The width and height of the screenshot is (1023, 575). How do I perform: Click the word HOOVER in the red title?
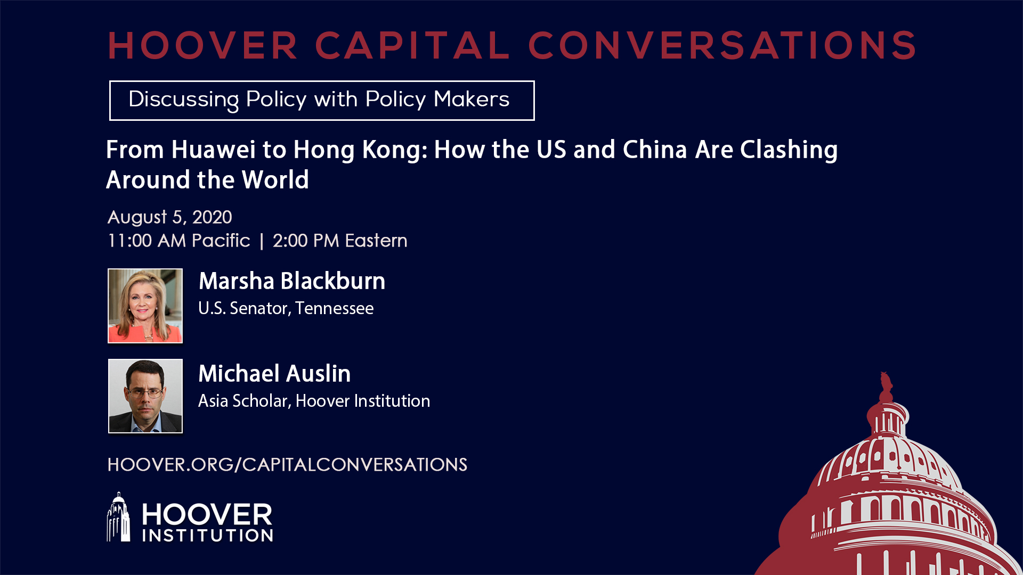[x=203, y=45]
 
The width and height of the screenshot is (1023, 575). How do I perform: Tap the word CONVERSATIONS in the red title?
[x=722, y=45]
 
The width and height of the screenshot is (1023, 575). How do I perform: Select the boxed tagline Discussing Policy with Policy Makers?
[x=322, y=101]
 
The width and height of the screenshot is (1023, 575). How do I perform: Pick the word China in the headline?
[x=655, y=150]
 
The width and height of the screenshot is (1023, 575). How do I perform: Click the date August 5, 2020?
[x=170, y=217]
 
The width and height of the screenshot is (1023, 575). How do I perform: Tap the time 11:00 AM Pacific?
[x=179, y=241]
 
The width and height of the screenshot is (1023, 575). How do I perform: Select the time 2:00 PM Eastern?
[x=340, y=241]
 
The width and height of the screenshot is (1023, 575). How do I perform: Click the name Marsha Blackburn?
[x=292, y=281]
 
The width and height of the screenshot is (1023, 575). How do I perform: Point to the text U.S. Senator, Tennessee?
[x=286, y=308]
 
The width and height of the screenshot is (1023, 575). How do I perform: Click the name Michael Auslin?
[x=274, y=374]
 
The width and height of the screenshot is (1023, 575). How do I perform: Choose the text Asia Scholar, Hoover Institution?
[x=314, y=401]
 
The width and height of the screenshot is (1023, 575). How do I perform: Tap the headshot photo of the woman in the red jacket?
[x=145, y=306]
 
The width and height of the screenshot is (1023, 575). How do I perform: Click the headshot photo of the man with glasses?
[x=145, y=396]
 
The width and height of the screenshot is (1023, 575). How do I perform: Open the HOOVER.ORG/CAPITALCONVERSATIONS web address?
[x=287, y=465]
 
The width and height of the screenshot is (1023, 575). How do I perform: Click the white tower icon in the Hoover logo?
[x=118, y=517]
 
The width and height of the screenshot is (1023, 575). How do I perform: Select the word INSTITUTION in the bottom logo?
[x=208, y=536]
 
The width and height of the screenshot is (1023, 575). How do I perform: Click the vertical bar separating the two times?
[x=262, y=241]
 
